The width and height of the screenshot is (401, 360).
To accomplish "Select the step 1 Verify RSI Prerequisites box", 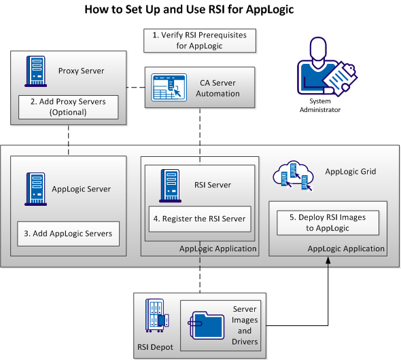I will point(200,40).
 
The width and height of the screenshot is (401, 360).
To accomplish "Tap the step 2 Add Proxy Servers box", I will point(68,107).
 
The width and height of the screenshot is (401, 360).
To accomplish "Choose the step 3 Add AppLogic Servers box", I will point(68,233).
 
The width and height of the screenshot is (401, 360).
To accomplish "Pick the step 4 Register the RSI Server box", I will point(198,219).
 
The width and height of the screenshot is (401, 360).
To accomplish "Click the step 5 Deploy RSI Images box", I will point(327,222).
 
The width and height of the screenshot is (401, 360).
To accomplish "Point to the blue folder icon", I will point(208,324).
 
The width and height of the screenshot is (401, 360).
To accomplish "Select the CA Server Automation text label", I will point(217,88).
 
